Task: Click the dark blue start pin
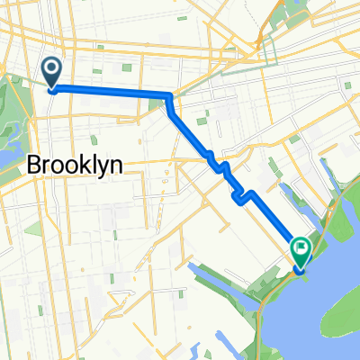pos(52,71)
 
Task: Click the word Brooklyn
pos(76,164)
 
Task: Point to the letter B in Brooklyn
pos(36,164)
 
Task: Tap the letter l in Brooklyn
pos(95,164)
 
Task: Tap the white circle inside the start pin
pos(52,67)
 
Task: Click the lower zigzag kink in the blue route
pos(241,195)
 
